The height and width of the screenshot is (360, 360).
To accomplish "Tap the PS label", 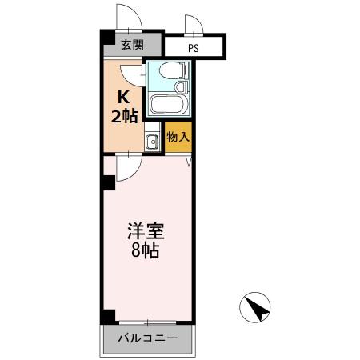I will [193, 47].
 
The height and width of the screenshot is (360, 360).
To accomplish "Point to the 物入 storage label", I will [178, 138].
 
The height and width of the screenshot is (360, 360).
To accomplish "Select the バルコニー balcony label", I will [148, 339].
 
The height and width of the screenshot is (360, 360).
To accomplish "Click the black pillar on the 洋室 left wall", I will [107, 183].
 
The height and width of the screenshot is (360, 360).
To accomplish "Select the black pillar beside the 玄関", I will [106, 38].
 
